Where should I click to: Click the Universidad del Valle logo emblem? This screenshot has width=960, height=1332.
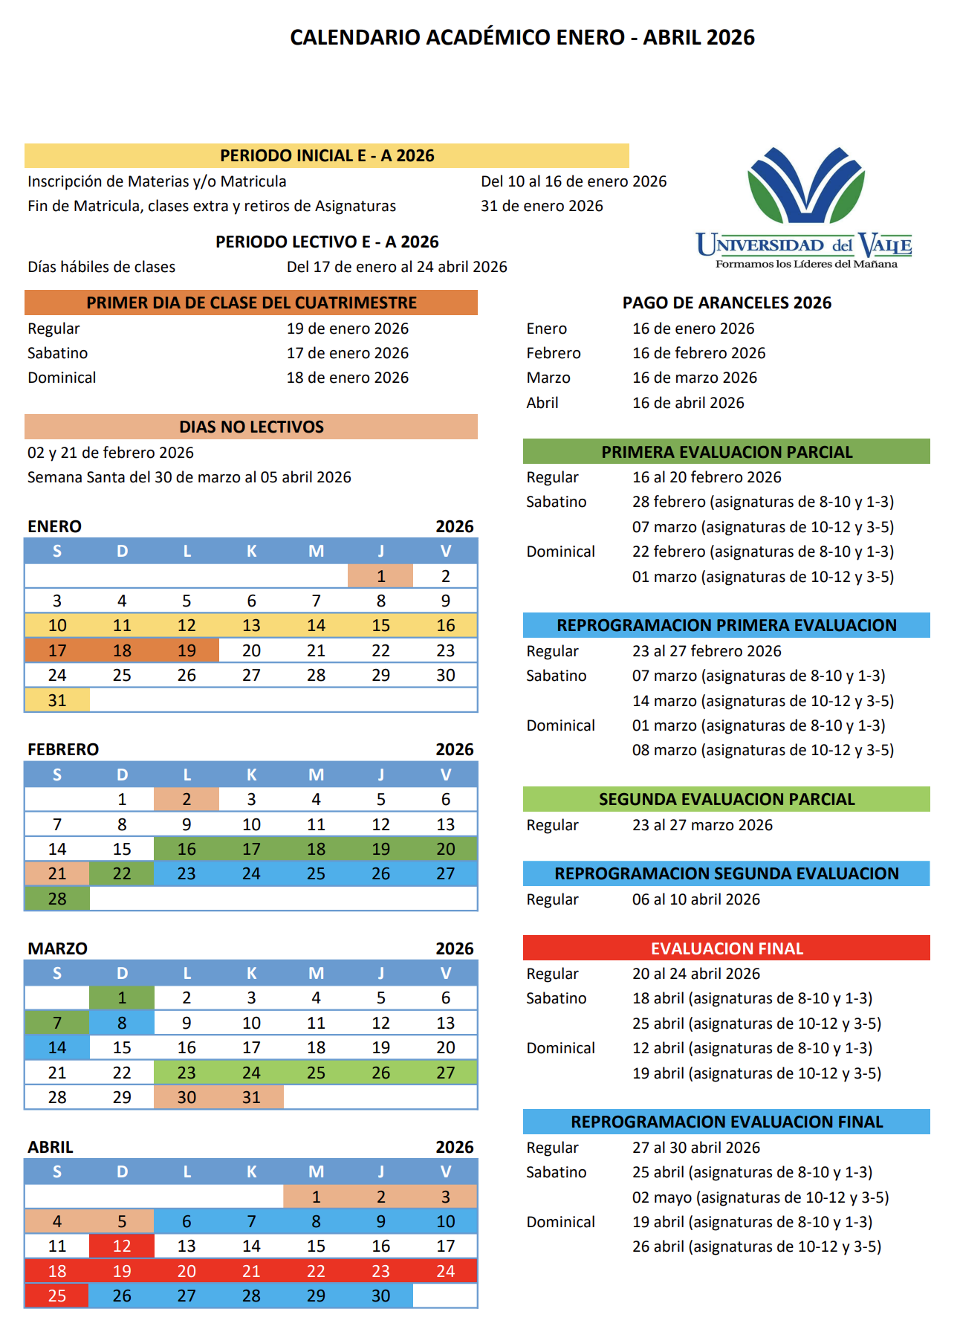click(805, 186)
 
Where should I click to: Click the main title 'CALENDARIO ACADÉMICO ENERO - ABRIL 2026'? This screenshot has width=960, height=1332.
click(522, 37)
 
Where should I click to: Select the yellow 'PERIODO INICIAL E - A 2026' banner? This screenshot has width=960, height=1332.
click(327, 155)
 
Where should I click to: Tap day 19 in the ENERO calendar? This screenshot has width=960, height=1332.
click(187, 650)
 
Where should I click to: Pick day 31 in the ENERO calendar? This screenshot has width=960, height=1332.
click(57, 700)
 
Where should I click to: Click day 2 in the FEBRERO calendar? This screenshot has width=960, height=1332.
click(187, 799)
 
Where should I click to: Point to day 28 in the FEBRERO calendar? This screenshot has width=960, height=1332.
click(57, 899)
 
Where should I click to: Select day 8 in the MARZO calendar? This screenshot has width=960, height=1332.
click(122, 1023)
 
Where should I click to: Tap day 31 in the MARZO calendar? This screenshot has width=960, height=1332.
click(251, 1097)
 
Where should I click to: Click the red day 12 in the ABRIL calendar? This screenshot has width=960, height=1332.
click(122, 1246)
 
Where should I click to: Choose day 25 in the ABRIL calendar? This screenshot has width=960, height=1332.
click(57, 1296)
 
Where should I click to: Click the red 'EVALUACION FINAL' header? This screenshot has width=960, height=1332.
click(727, 948)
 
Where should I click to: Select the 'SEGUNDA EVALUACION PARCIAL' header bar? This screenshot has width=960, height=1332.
click(727, 799)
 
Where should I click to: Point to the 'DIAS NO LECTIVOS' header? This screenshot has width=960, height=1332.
click(251, 427)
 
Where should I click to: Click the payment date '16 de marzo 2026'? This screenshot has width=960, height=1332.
click(695, 378)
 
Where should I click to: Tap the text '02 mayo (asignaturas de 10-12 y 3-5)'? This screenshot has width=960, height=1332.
click(760, 1197)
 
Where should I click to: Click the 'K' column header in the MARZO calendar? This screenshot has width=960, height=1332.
click(251, 973)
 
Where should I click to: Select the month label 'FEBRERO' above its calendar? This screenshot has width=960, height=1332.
click(63, 749)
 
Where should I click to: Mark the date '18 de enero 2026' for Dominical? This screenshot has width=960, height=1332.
click(348, 378)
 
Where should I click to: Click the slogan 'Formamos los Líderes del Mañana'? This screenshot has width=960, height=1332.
click(806, 264)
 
